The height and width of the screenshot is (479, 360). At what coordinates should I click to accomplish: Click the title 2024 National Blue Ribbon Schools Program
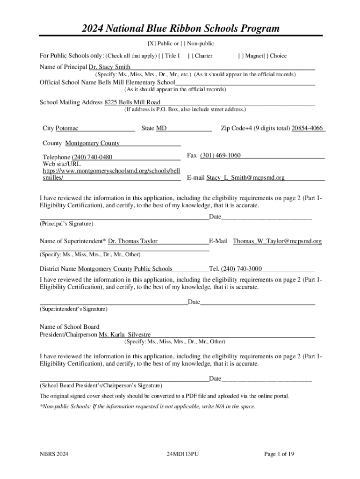[180, 29]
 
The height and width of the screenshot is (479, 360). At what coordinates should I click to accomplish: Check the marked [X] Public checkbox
[151, 44]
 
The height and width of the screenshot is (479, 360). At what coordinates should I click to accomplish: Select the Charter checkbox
[190, 56]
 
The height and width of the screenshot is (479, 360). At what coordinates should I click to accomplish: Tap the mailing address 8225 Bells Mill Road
[132, 102]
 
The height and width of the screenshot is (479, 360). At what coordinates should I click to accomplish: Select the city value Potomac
[67, 128]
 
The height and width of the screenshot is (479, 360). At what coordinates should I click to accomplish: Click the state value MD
[161, 128]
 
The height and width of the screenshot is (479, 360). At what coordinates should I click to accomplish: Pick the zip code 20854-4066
[308, 128]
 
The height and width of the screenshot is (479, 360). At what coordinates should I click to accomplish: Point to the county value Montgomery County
[92, 143]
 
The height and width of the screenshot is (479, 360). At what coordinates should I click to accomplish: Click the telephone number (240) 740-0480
[92, 157]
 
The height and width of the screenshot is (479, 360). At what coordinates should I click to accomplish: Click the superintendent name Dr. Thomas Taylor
[133, 241]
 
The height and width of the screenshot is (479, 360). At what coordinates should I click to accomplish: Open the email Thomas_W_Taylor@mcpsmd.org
[277, 241]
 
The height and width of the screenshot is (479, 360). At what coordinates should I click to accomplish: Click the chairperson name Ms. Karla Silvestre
[125, 335]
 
